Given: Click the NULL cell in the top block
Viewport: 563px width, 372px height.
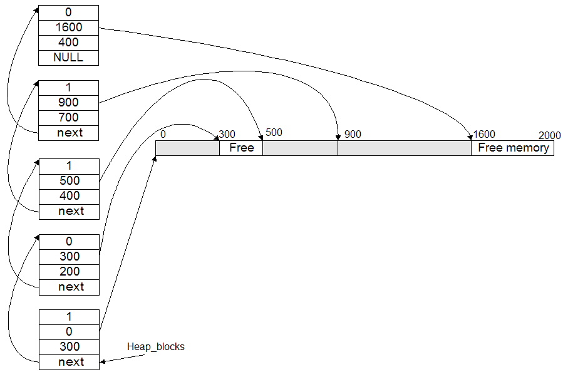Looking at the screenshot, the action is click(69, 58).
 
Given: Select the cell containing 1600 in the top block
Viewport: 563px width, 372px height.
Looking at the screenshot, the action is click(69, 28).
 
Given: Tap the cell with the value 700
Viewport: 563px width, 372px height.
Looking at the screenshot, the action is click(69, 118).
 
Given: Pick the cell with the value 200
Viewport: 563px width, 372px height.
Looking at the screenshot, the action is click(70, 272).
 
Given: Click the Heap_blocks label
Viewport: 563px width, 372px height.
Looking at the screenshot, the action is click(156, 347).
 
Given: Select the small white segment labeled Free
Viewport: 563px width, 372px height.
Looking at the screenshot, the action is click(241, 148).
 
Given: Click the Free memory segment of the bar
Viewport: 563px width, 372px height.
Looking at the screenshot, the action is click(513, 148).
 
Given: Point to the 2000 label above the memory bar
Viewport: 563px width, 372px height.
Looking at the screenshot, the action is click(549, 135).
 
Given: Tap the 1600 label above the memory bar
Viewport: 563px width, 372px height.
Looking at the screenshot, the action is click(484, 134).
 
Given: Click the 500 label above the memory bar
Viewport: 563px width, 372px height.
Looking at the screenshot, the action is click(274, 133).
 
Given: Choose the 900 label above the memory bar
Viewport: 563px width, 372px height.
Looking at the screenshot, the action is click(353, 134).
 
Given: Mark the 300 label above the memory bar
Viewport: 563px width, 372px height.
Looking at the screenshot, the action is click(227, 134).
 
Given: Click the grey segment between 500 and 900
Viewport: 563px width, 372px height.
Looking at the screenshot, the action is click(300, 148).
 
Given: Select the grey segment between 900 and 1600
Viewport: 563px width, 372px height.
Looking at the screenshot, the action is click(405, 148).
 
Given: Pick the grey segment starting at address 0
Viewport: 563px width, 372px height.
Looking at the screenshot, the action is click(188, 148).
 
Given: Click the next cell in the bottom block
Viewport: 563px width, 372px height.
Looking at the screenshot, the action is click(70, 362).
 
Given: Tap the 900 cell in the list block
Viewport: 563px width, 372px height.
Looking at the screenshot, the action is click(69, 103).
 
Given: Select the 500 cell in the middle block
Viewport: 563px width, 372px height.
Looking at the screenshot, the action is click(70, 181).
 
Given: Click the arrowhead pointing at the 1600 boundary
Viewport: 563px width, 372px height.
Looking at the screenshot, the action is click(470, 138).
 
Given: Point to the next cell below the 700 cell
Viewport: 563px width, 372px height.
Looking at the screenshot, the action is click(69, 133).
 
